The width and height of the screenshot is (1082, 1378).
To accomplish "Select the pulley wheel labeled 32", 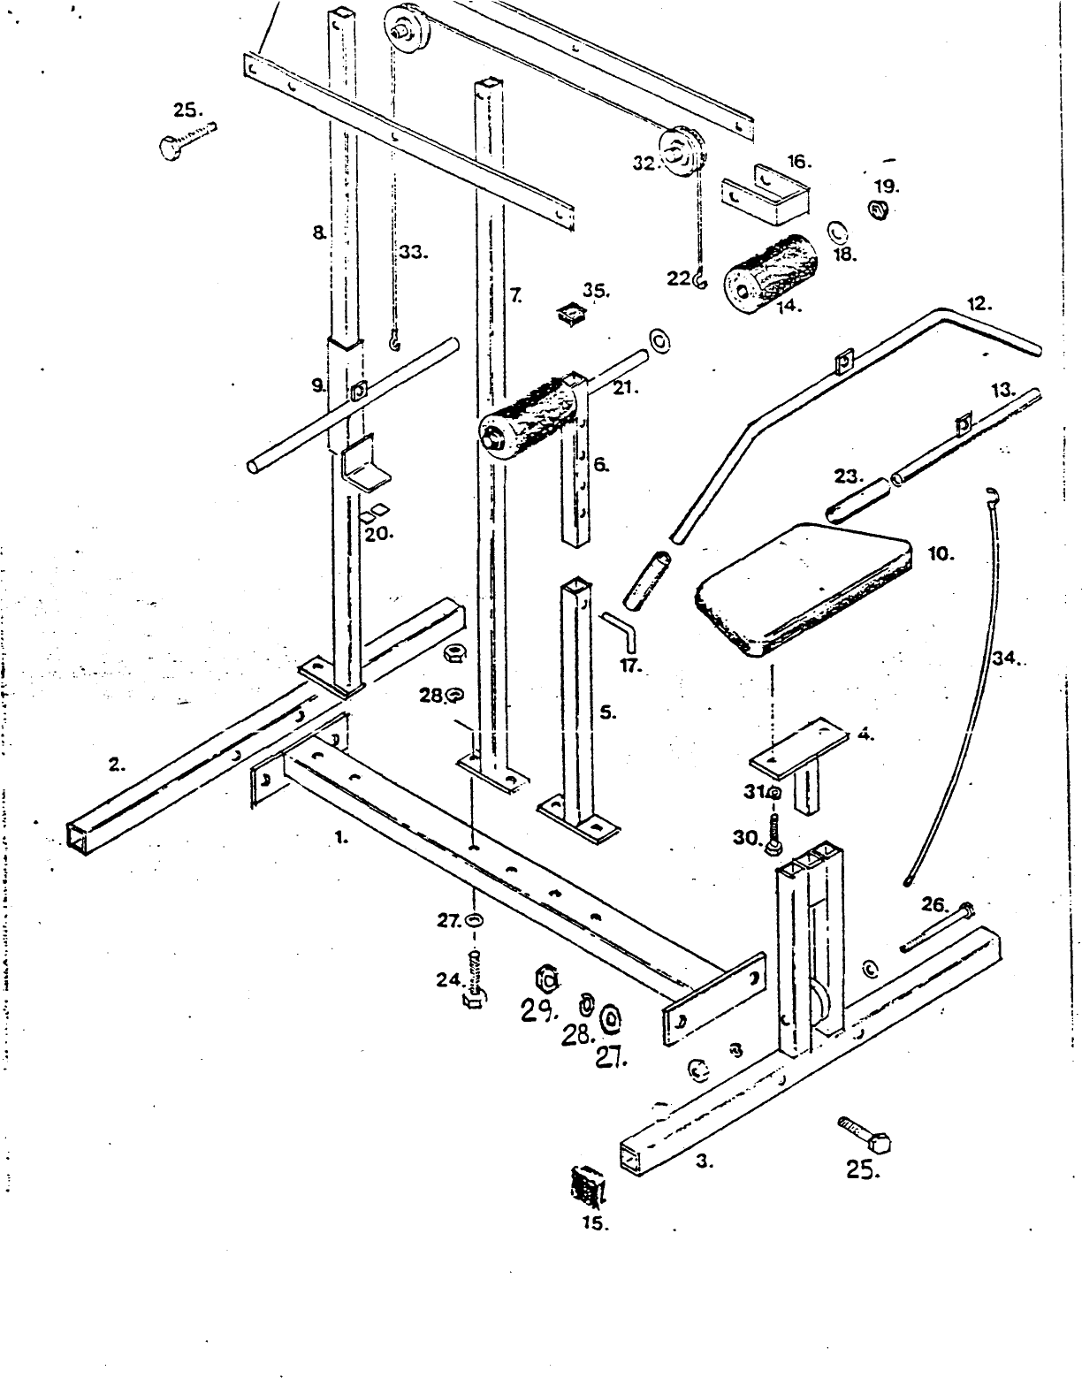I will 682,156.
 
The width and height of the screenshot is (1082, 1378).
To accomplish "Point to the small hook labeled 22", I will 700,279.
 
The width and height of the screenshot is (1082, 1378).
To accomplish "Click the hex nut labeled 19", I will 880,211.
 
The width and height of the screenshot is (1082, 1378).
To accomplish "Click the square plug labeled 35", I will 571,314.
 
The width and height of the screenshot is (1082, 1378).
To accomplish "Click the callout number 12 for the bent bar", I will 978,304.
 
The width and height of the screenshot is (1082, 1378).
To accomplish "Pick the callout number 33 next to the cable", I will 412,253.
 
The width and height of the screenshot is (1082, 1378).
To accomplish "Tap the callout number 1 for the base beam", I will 341,837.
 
